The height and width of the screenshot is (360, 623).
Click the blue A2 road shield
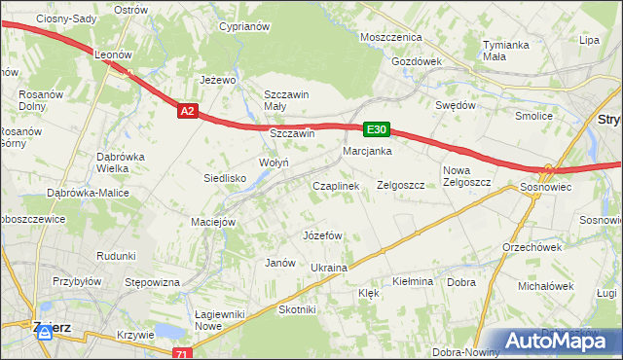[189, 112]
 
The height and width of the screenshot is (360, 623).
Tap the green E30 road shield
[378, 129]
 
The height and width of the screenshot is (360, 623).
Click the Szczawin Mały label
[287, 100]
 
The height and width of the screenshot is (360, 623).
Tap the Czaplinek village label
[336, 185]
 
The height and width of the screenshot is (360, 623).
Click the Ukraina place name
[329, 267]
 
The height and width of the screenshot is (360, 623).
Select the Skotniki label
[298, 309]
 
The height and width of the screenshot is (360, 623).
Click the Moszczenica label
[390, 37]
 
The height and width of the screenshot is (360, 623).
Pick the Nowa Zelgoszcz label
[463, 176]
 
